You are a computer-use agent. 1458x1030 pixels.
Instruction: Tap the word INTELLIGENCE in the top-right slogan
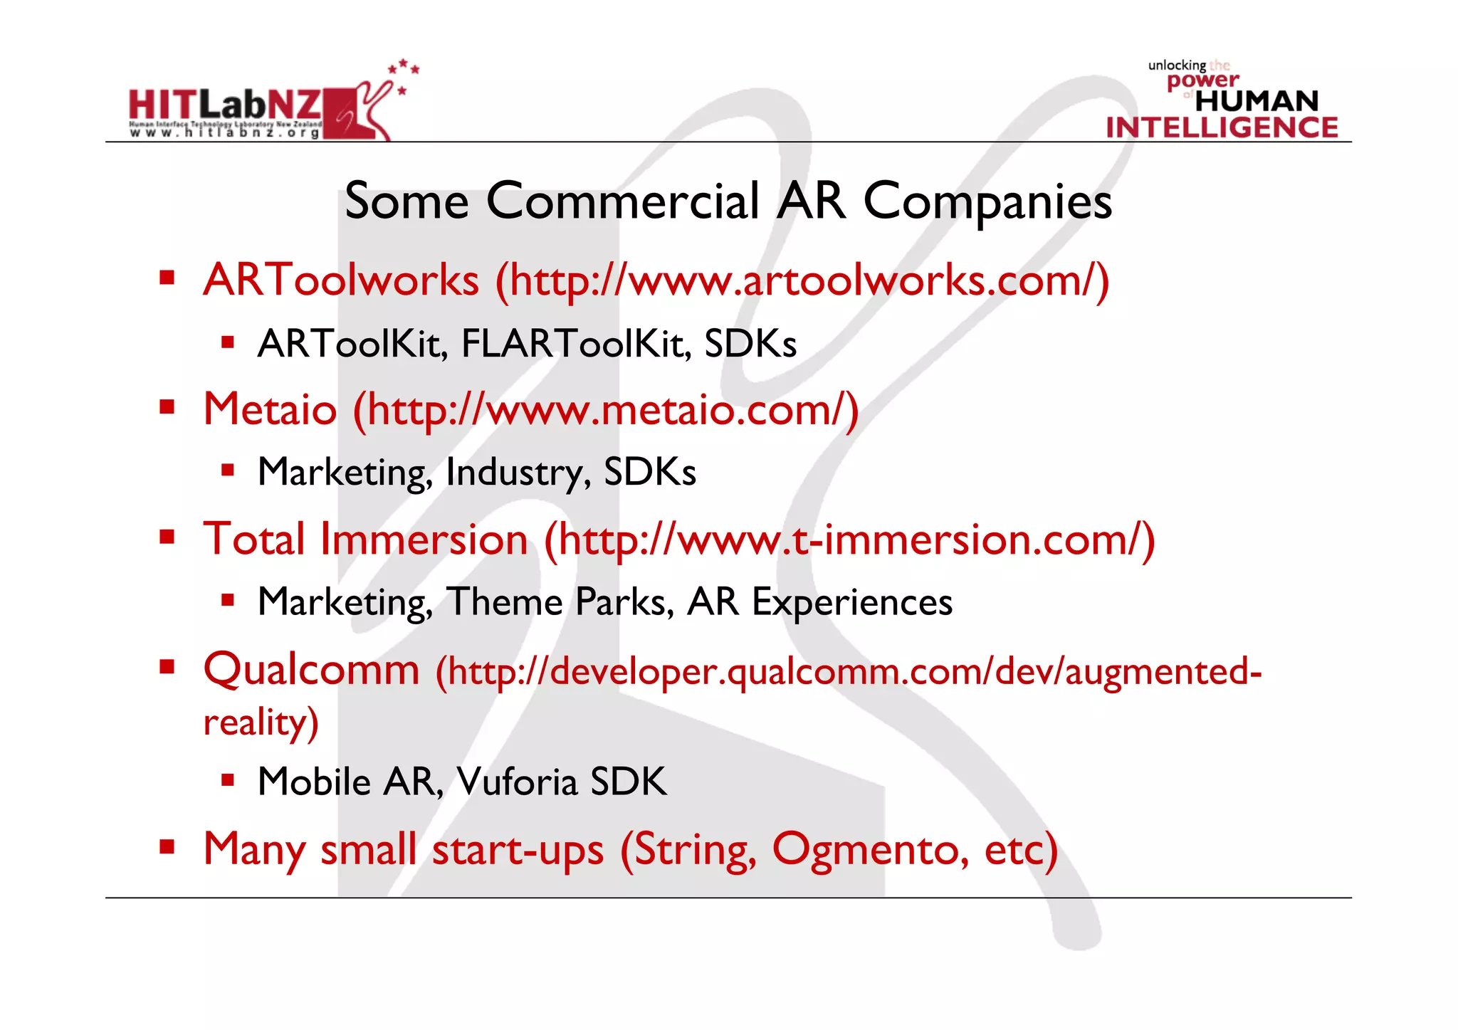click(1222, 127)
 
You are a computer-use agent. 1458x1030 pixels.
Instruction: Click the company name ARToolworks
click(341, 280)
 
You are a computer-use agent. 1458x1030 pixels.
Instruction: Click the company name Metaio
click(270, 410)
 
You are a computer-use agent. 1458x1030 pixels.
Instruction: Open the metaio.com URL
click(606, 411)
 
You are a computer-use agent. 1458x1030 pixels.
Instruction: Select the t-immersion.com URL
click(849, 540)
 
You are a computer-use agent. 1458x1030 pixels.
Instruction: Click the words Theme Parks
click(560, 602)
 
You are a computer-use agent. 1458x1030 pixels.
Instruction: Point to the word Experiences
click(851, 603)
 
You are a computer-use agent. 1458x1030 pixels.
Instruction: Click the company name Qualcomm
click(312, 671)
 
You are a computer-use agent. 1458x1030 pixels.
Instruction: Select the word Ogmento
click(870, 850)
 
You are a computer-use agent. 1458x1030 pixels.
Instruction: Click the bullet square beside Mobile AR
click(228, 780)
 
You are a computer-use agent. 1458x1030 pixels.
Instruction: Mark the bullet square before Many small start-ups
click(167, 847)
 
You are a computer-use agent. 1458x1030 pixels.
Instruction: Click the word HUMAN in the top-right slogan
click(1257, 101)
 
